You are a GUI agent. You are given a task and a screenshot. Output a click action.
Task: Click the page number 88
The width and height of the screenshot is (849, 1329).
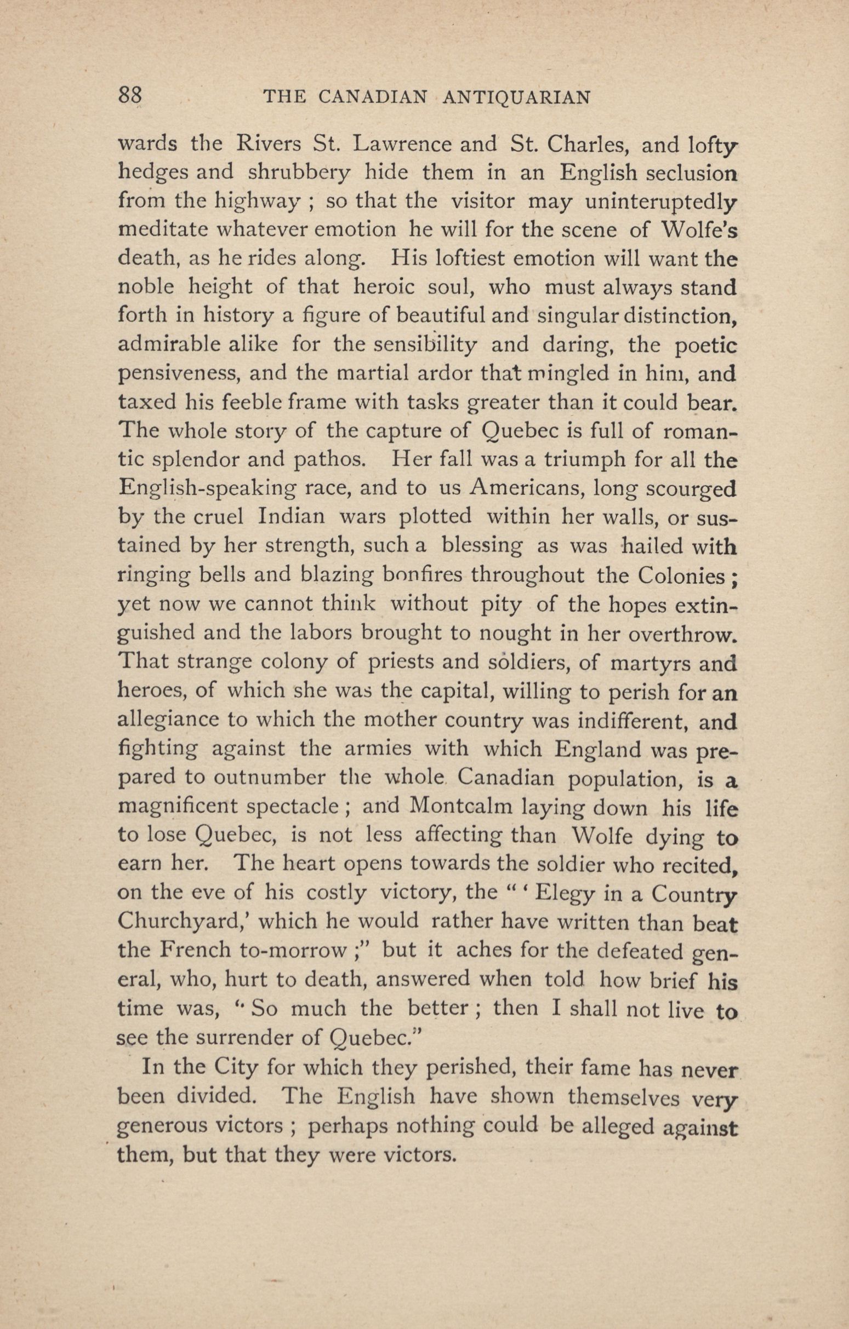[130, 96]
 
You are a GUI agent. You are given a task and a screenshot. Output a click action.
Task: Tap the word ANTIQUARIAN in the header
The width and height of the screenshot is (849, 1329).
[517, 97]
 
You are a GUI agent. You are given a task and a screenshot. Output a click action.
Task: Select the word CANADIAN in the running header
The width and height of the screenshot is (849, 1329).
[373, 97]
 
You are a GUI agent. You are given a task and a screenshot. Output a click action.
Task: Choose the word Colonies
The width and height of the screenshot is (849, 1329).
[680, 576]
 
